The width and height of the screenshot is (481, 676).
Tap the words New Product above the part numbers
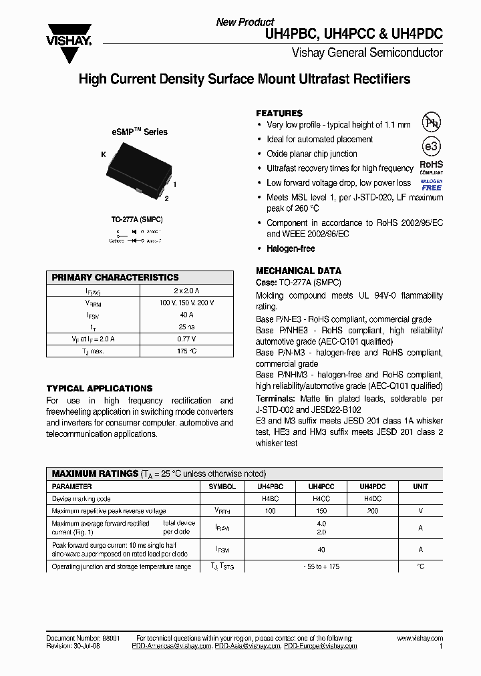(245, 22)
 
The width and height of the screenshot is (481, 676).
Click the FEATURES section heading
(279, 114)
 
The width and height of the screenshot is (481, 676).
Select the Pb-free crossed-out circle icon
(431, 122)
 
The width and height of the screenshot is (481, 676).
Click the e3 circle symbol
(431, 147)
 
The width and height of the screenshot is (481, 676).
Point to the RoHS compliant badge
(431, 167)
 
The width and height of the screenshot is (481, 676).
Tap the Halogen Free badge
(431, 185)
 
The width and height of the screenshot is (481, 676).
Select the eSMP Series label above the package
(139, 132)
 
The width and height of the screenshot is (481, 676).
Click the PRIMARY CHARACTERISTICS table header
(116, 277)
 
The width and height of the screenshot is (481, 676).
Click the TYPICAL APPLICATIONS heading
(100, 388)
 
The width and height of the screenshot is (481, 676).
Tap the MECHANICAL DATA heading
(299, 271)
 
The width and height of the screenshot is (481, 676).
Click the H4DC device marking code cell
(373, 499)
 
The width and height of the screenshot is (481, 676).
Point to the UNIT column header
(420, 487)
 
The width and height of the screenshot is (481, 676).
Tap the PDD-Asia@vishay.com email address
(248, 647)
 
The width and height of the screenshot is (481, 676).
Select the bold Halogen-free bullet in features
(291, 248)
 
